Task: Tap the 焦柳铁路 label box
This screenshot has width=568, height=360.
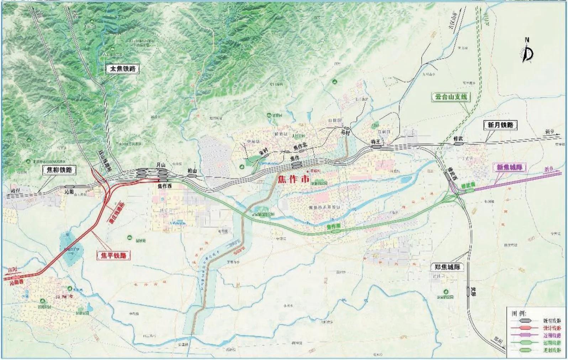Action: pyautogui.click(x=59, y=170)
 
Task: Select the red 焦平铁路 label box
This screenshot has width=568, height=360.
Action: pyautogui.click(x=114, y=255)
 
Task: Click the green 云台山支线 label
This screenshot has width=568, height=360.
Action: pyautogui.click(x=451, y=97)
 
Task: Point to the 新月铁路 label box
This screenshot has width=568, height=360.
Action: pyautogui.click(x=500, y=125)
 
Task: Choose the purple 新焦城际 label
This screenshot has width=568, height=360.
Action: pyautogui.click(x=509, y=167)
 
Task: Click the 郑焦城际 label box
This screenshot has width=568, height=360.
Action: pyautogui.click(x=447, y=267)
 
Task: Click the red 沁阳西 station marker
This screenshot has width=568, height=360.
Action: pyautogui.click(x=16, y=277)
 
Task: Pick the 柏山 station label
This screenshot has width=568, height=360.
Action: pyautogui.click(x=192, y=171)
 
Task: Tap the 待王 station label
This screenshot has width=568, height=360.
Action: pyautogui.click(x=376, y=142)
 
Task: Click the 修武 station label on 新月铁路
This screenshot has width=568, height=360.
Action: pyautogui.click(x=458, y=139)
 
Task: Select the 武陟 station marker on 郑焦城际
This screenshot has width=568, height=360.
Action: pyautogui.click(x=468, y=291)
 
